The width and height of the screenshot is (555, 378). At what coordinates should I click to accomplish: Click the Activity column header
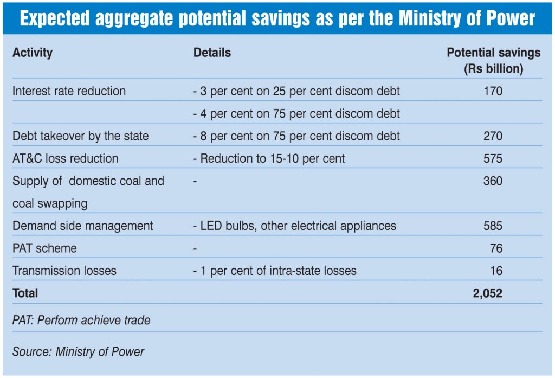(x=33, y=53)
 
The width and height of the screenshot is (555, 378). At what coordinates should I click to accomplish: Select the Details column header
(x=212, y=53)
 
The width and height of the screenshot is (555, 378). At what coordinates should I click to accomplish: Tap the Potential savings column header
(x=493, y=61)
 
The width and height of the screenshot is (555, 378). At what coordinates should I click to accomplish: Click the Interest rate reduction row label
(x=69, y=91)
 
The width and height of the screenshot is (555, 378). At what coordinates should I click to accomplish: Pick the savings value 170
(x=493, y=91)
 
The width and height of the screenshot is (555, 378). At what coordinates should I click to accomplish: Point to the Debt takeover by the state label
(x=80, y=136)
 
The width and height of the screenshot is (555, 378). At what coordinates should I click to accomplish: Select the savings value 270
(x=493, y=136)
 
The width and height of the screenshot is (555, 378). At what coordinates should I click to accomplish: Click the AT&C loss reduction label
(x=65, y=158)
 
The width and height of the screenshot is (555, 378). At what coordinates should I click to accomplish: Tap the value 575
(x=493, y=158)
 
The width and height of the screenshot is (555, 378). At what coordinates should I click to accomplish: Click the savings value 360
(x=493, y=181)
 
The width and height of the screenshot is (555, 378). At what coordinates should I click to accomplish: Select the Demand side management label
(x=82, y=226)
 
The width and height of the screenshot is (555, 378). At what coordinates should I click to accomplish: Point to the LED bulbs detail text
(x=295, y=226)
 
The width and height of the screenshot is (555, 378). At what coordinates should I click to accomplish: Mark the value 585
(x=493, y=226)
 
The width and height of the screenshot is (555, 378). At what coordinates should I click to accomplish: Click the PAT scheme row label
(x=44, y=248)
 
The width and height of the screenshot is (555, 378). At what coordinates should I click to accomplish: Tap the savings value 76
(x=496, y=248)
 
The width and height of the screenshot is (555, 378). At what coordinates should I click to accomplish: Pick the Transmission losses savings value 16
(x=496, y=271)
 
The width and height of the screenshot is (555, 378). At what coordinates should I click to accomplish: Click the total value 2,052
(x=487, y=293)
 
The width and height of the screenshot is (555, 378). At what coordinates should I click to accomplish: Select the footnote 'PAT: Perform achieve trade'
(x=81, y=321)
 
